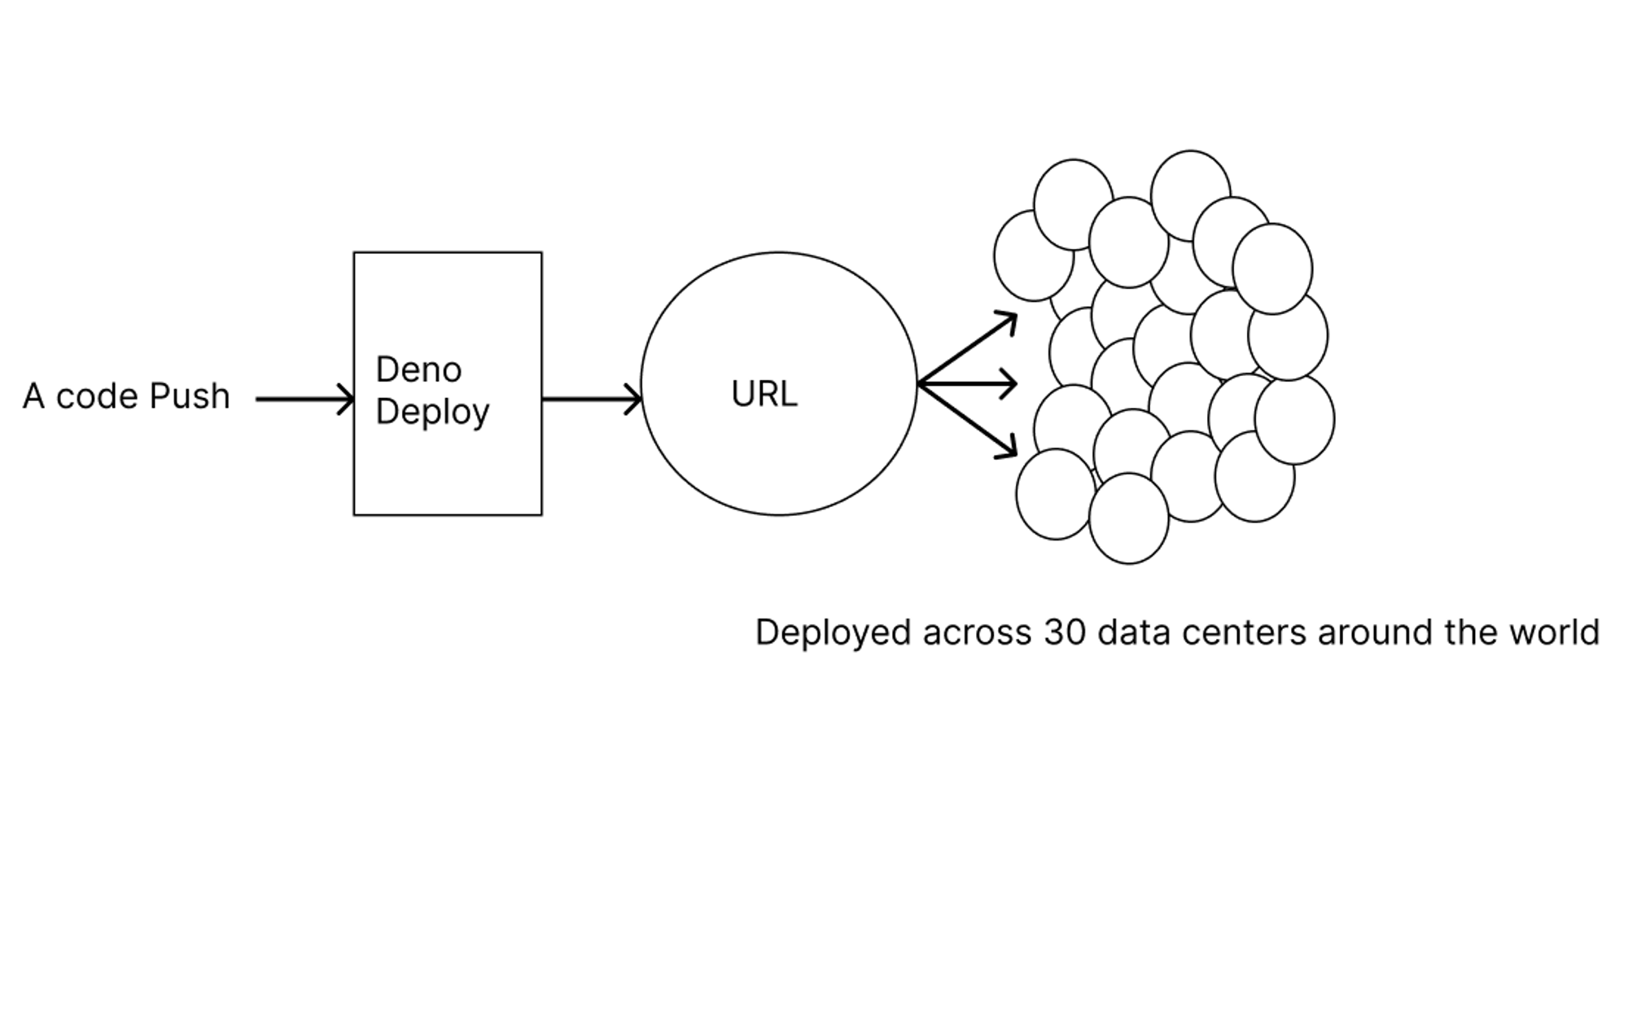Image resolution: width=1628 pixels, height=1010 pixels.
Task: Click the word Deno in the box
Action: pyautogui.click(x=418, y=369)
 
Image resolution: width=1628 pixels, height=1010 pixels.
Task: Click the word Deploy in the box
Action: pyautogui.click(x=432, y=412)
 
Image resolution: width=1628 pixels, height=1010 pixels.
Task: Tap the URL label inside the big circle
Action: pyautogui.click(x=764, y=394)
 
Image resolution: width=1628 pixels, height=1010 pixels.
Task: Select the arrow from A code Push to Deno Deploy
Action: pyautogui.click(x=305, y=399)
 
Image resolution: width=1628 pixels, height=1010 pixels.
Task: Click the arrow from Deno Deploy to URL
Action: pyautogui.click(x=592, y=399)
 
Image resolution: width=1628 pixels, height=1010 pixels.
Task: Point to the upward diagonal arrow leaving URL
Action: pyautogui.click(x=968, y=348)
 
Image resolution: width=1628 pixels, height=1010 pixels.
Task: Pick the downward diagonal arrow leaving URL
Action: pyautogui.click(x=968, y=421)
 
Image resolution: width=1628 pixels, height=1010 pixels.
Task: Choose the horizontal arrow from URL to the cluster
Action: pyautogui.click(x=968, y=383)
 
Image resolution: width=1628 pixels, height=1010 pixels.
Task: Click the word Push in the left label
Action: pyautogui.click(x=190, y=396)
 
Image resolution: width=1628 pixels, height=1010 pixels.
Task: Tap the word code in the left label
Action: pyautogui.click(x=97, y=396)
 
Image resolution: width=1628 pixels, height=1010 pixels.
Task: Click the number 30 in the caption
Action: pyautogui.click(x=1065, y=632)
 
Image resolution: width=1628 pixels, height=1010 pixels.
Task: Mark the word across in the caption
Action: pyautogui.click(x=977, y=633)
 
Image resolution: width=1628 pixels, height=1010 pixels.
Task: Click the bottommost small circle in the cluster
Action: pyautogui.click(x=1129, y=518)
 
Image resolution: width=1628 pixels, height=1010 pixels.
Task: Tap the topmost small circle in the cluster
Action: pyautogui.click(x=1191, y=195)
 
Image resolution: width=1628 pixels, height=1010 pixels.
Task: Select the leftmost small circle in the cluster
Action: pyautogui.click(x=1034, y=256)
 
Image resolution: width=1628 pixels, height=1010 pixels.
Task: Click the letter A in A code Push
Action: pyautogui.click(x=33, y=396)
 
